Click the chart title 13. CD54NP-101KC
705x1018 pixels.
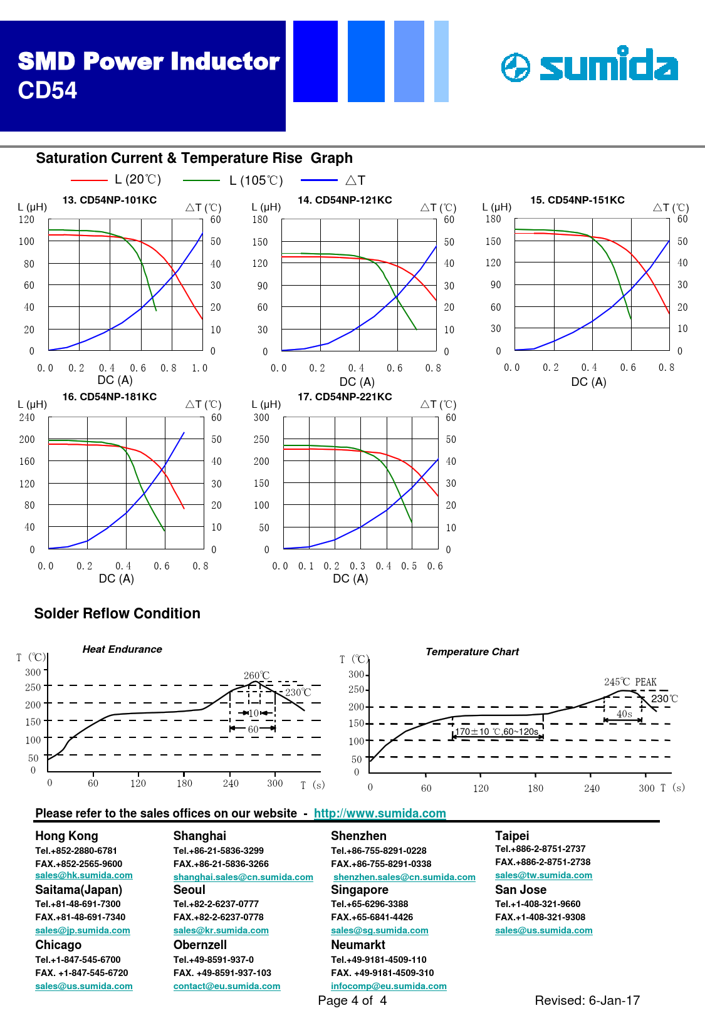coord(110,200)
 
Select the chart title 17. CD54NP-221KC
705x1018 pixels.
coord(345,397)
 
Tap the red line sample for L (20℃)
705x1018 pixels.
coord(89,180)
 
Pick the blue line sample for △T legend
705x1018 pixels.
coord(319,180)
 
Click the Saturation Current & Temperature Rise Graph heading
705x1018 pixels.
coord(194,158)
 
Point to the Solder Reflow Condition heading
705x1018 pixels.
coord(117,613)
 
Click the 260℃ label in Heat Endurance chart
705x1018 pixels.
coord(256,675)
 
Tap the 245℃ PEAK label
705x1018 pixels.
coord(630,682)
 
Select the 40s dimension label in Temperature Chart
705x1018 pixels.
coord(624,714)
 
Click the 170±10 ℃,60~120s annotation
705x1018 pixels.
coord(496,732)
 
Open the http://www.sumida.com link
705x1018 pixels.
coord(380,813)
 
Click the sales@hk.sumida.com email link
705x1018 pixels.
coord(84,875)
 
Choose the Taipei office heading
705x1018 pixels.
coord(512,836)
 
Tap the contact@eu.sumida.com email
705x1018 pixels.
coord(227,986)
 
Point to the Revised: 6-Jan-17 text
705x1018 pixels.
coord(587,1000)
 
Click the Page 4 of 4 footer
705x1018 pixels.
coord(352,1000)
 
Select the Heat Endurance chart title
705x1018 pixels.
coord(122,649)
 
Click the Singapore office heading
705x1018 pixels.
coord(360,890)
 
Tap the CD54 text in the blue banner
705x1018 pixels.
coord(48,91)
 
